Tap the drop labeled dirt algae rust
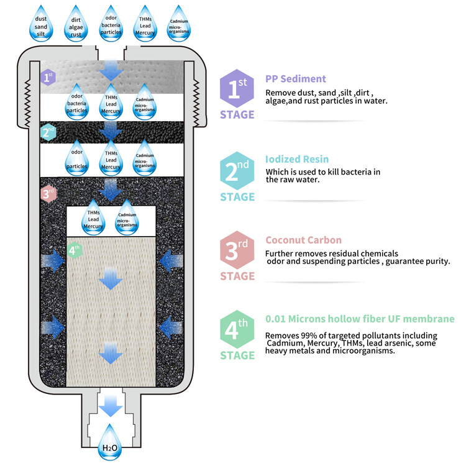pos(74,24)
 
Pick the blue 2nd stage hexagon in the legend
pos(237,173)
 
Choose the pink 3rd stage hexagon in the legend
pos(237,252)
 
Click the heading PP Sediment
pos(295,79)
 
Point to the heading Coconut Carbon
pos(303,240)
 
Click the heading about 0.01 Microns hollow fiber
pos(360,319)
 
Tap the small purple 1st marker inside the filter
pos(47,78)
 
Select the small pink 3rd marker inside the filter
pos(48,193)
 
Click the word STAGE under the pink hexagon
pos(237,276)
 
